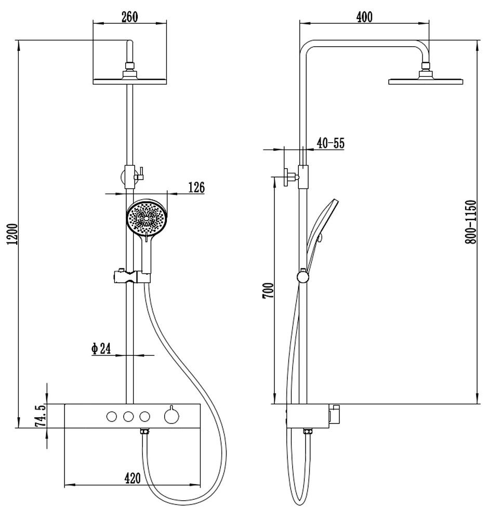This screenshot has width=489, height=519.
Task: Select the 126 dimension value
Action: coord(196,187)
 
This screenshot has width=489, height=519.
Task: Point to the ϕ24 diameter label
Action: coord(101,349)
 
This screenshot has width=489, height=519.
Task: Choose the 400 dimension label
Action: coord(364,17)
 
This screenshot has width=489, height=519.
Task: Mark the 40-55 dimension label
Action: coord(331,144)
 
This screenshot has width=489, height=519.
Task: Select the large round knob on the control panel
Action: coord(170,416)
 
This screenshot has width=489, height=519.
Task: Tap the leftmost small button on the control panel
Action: coord(111,416)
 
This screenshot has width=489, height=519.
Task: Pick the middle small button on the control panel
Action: coord(127,416)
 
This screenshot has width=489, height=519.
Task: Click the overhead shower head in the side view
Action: coord(426,80)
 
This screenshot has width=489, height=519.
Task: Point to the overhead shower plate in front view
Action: coord(129,81)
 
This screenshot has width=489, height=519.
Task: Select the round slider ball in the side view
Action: coord(302,277)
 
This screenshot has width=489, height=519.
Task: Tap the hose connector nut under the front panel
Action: coord(145,432)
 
